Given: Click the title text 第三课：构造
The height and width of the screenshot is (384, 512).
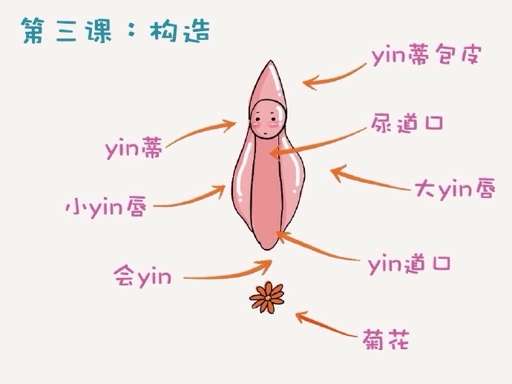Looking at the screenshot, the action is pos(116,31).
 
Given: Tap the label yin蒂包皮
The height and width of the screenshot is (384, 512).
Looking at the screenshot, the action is pos(426,56).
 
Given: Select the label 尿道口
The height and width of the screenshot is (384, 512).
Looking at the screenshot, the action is pos(407,123).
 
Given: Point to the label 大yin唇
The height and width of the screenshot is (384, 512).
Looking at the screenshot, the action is pos(455,189).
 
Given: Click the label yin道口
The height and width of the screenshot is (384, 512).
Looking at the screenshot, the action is pos(410,264).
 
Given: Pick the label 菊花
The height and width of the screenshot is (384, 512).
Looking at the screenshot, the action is pos(385,340).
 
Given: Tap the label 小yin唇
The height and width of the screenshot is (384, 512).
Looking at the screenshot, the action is pos(106,207).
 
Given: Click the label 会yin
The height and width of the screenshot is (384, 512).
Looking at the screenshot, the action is pos(142,277).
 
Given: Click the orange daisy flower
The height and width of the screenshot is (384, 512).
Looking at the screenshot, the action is pos(267,297).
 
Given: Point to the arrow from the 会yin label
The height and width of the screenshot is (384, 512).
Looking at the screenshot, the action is pos(229,276).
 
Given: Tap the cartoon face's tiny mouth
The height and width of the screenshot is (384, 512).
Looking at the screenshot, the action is pos(266,133).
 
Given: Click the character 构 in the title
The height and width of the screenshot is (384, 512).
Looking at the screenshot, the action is pos(163,31).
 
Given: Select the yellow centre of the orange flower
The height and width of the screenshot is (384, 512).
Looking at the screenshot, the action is pos(267,298).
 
